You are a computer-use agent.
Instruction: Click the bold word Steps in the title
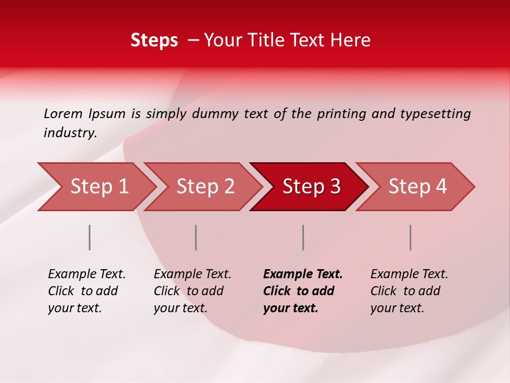coord(154,40)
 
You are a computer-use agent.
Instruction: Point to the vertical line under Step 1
coord(90,237)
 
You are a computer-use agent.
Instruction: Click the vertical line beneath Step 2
coord(196,237)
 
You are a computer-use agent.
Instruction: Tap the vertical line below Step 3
coord(303,237)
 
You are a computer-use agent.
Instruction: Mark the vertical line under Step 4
coord(410,237)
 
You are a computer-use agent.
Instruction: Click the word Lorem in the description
coord(63,114)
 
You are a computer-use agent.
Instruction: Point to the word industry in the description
coord(70,133)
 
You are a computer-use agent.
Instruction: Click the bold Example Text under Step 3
coord(303,274)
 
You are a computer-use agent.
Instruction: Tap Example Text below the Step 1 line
coord(87,274)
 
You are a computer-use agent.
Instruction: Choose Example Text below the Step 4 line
coord(409,274)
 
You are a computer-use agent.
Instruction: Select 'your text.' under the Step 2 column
coord(180,308)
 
